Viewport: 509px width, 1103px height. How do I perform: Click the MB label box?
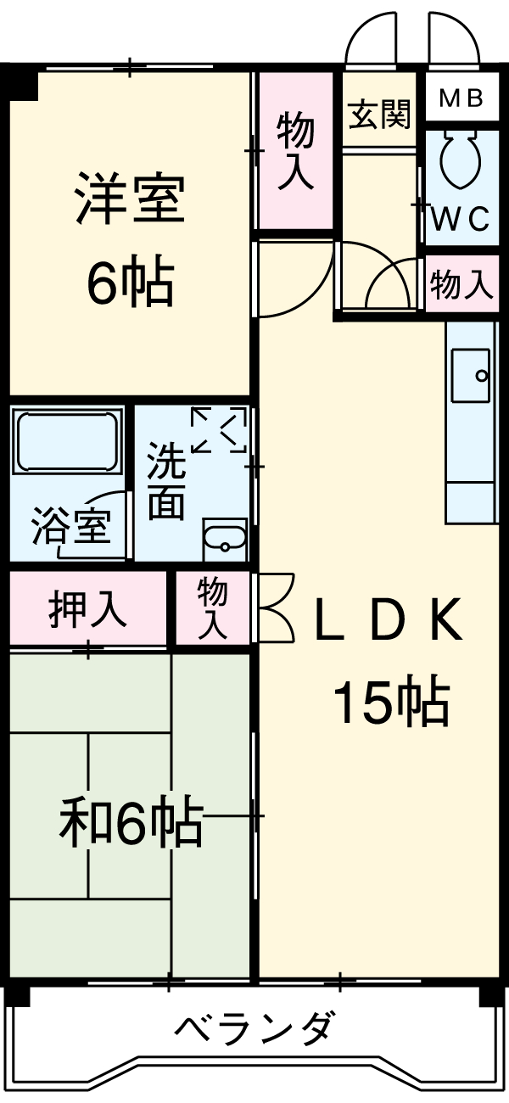tap(461, 98)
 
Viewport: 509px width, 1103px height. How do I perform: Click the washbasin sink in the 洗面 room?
tap(225, 539)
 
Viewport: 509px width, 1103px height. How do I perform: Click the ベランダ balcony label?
tap(255, 1029)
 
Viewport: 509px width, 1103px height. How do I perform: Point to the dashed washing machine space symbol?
tap(219, 430)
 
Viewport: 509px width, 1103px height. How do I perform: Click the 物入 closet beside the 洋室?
tap(295, 150)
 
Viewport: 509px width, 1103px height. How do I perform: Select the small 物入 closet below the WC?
tap(461, 284)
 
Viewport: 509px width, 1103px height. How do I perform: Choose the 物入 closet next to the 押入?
tap(213, 607)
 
